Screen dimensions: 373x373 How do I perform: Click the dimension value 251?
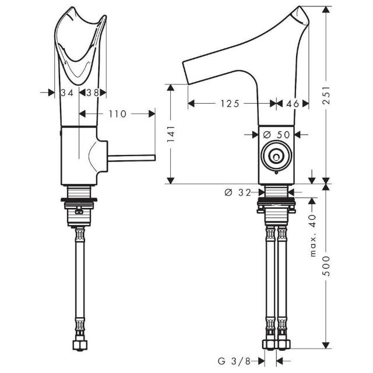tap(328, 95)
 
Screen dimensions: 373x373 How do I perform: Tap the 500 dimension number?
tap(328, 266)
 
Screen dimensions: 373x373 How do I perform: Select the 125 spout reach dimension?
tap(230, 104)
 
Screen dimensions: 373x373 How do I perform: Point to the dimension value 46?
tap(293, 104)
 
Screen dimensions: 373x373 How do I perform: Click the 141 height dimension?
tap(171, 134)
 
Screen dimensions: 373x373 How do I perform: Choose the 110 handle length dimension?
tap(118, 114)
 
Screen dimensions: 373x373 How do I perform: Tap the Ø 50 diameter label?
tap(277, 135)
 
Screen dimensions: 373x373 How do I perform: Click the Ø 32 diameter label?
tap(238, 192)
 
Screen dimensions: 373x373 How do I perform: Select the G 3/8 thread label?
tap(234, 361)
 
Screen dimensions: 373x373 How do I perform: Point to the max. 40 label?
tap(314, 235)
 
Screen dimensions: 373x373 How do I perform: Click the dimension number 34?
tap(67, 93)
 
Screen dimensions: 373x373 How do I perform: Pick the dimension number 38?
tap(93, 93)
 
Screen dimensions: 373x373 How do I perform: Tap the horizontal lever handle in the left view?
tap(132, 158)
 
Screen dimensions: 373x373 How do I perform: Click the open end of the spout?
tap(186, 73)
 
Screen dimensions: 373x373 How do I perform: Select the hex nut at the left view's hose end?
tap(80, 345)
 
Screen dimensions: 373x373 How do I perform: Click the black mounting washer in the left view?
tap(79, 199)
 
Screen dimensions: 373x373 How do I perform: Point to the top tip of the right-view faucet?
tap(299, 6)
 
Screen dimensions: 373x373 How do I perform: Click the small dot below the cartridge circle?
tap(276, 173)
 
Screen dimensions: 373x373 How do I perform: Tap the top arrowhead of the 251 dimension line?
tap(326, 9)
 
